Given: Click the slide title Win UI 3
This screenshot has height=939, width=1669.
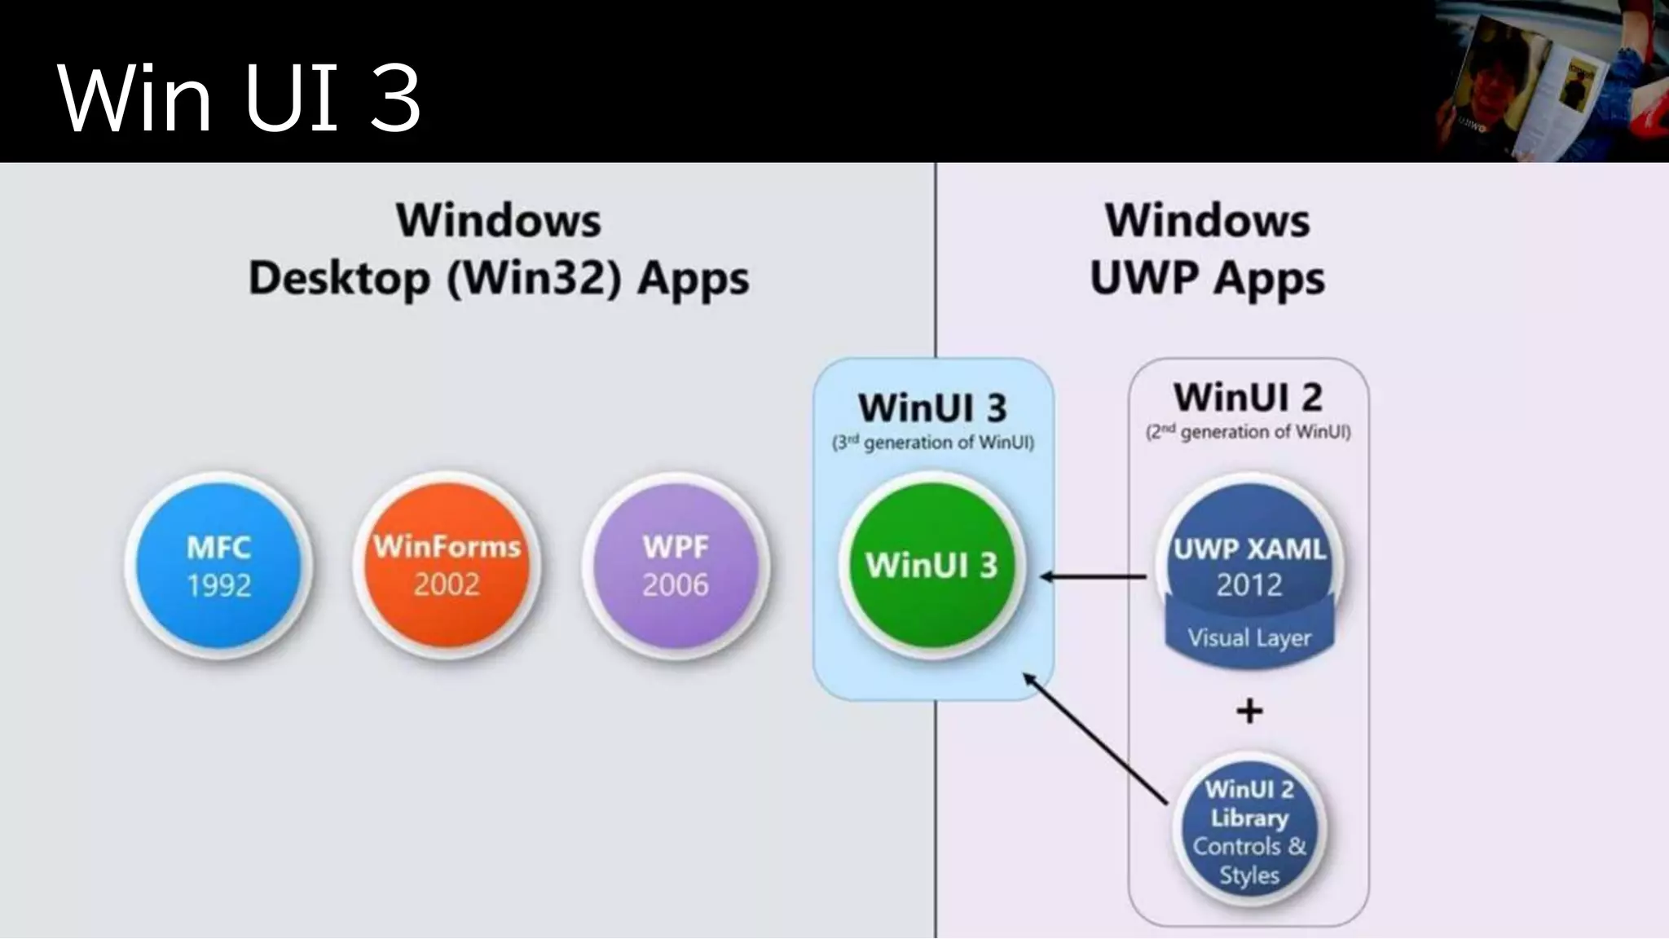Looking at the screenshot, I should [x=239, y=98].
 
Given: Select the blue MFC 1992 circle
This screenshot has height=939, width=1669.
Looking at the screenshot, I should [x=218, y=566].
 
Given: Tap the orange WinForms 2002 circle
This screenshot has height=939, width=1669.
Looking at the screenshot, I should [x=447, y=566].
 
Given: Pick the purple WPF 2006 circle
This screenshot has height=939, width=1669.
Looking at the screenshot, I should [x=675, y=566].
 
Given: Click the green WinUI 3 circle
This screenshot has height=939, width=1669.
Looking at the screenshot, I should [x=931, y=566].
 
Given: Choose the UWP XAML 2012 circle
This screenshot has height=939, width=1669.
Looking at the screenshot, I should [x=1248, y=554].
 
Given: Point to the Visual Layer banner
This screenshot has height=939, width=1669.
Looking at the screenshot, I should [x=1248, y=638].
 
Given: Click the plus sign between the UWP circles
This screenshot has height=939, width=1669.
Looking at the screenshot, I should [x=1249, y=712].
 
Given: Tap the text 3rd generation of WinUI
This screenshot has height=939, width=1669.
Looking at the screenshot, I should [x=932, y=443].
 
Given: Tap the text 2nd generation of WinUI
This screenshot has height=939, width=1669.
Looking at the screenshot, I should [x=1248, y=432].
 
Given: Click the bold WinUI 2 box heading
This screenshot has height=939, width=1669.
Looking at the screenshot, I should [x=1248, y=398].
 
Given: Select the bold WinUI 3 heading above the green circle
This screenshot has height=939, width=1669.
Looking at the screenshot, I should [x=932, y=408].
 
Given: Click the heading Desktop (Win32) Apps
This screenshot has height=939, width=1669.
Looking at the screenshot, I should [x=498, y=279].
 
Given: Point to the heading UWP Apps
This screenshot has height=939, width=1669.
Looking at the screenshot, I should [x=1207, y=279].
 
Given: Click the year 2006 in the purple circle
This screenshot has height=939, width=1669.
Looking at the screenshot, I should [x=675, y=584].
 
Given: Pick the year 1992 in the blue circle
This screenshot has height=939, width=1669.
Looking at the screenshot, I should [x=218, y=585].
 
